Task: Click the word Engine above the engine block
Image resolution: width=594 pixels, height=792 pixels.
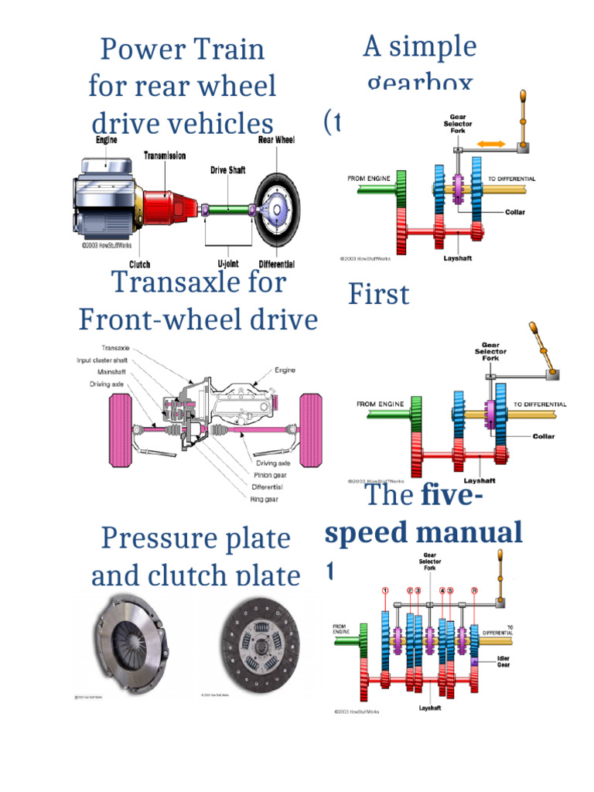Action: (x=107, y=141)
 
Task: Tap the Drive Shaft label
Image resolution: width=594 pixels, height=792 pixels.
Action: (x=230, y=169)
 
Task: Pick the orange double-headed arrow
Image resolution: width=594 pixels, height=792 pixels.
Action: (x=492, y=144)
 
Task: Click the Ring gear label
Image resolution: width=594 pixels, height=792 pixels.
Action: (x=265, y=500)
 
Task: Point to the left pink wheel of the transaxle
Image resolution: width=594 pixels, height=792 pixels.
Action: (x=118, y=429)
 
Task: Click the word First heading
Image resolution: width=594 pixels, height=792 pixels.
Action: (x=378, y=295)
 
